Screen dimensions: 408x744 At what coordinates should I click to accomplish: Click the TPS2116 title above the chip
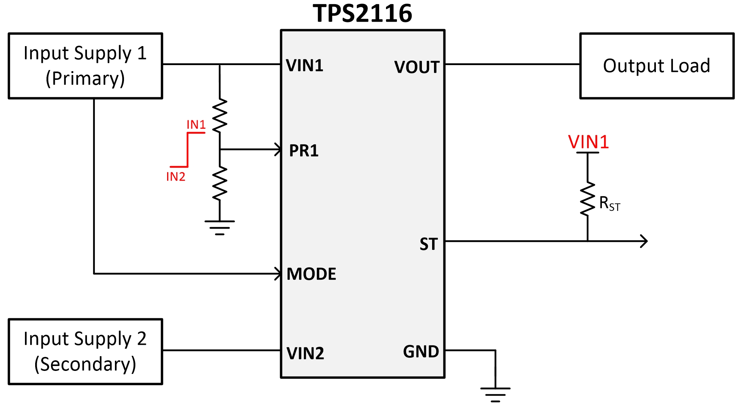click(362, 14)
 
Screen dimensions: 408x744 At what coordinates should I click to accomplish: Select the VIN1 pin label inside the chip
click(304, 65)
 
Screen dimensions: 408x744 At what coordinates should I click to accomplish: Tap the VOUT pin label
click(417, 67)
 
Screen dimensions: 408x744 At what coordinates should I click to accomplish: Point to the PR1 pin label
click(304, 151)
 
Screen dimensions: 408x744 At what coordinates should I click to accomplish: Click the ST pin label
click(428, 244)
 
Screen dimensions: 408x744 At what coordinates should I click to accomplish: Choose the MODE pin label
click(311, 274)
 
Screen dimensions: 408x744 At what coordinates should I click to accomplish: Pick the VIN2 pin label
click(305, 353)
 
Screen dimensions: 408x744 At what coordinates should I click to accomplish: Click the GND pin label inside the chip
click(421, 352)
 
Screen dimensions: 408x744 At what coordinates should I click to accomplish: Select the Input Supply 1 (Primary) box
click(85, 66)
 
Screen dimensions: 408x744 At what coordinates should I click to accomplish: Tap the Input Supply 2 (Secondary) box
click(85, 352)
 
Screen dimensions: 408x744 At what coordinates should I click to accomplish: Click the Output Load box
click(657, 66)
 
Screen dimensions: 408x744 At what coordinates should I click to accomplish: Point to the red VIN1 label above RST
click(588, 142)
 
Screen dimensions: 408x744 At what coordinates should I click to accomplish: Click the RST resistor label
click(609, 204)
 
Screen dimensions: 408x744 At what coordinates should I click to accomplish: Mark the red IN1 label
click(196, 125)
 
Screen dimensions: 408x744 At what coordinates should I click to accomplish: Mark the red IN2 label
click(176, 176)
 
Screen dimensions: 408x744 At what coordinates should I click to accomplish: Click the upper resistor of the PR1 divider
click(220, 115)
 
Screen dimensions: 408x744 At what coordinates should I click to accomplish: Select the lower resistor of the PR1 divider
click(220, 183)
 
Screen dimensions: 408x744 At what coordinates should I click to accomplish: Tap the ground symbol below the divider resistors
click(220, 227)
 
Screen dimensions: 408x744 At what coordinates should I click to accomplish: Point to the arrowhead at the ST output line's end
click(644, 241)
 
